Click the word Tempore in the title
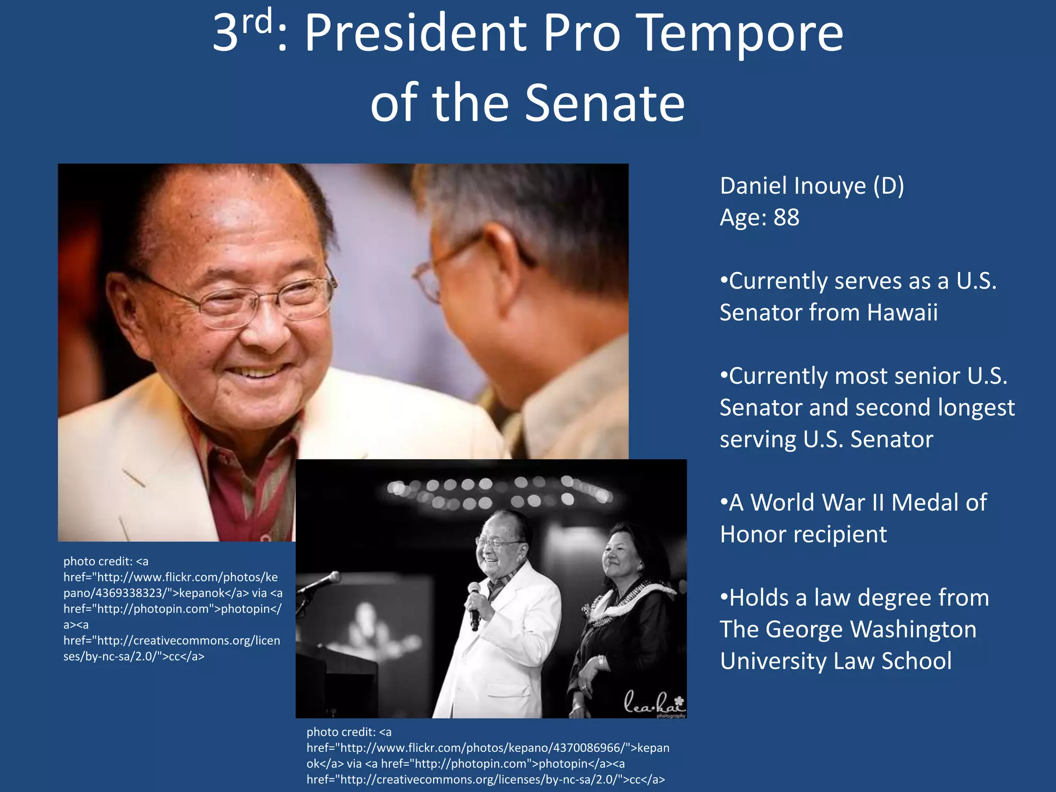tap(741, 34)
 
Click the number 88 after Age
tap(786, 218)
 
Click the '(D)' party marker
tap(888, 186)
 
